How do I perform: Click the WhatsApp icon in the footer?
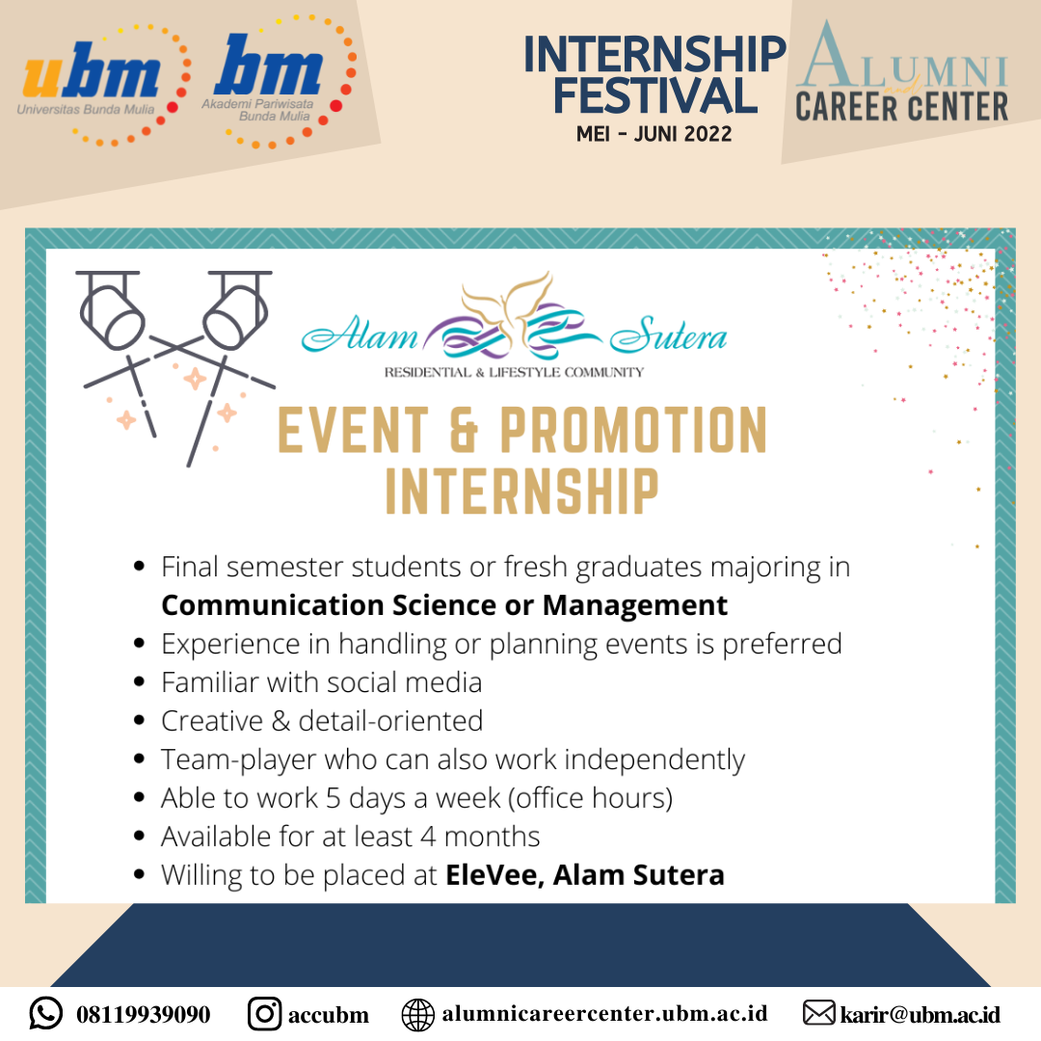(46, 1013)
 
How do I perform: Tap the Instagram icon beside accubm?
(264, 1014)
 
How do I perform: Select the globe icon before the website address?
(418, 1015)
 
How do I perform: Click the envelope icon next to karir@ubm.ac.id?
(818, 1013)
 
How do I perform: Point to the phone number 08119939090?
(144, 1014)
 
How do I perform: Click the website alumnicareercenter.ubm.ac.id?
(604, 1014)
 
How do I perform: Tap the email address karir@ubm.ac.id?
(921, 1014)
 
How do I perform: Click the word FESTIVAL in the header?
(655, 95)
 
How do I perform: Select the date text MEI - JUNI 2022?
(654, 134)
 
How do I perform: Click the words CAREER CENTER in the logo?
(901, 108)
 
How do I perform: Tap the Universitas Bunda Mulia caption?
(86, 110)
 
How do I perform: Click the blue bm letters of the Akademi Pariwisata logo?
(269, 66)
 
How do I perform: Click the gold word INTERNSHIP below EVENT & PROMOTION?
(521, 492)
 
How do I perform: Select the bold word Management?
(634, 605)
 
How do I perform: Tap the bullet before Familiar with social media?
(139, 681)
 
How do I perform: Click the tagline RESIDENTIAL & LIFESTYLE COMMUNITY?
(514, 372)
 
